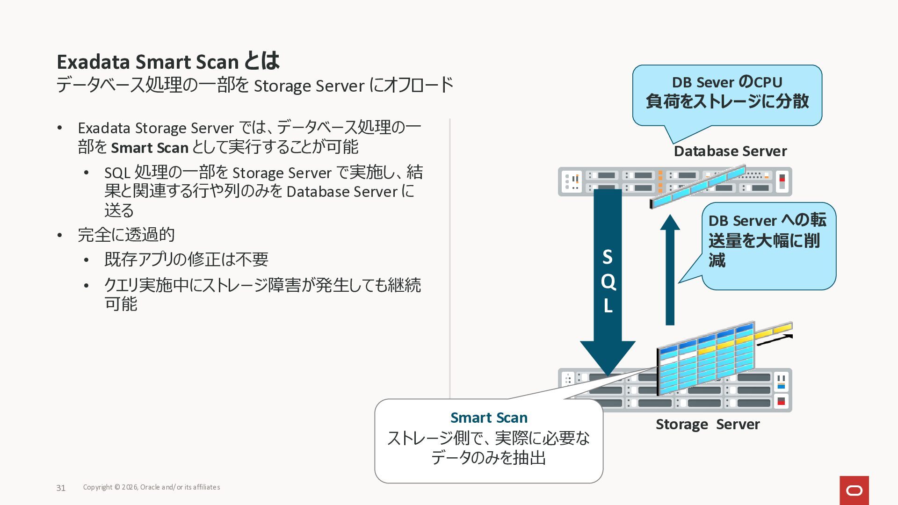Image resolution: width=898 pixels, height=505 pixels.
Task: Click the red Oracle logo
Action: tap(854, 490)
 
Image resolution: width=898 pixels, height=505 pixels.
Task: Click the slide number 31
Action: tap(61, 488)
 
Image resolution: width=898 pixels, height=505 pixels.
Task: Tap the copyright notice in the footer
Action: tap(152, 487)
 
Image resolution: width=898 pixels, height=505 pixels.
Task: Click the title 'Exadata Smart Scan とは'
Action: tap(168, 62)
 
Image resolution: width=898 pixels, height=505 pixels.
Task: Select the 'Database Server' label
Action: tap(730, 151)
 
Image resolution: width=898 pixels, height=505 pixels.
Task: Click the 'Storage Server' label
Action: tap(707, 424)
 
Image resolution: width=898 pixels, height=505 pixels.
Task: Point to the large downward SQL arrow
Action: tap(608, 281)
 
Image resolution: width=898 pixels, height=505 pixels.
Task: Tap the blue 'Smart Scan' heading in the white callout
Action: tap(489, 417)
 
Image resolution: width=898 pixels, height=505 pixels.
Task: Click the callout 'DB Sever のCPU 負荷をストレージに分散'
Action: tap(727, 93)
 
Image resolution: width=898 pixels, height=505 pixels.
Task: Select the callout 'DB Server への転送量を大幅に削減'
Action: tap(768, 241)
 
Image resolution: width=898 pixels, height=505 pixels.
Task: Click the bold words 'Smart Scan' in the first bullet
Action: tap(150, 148)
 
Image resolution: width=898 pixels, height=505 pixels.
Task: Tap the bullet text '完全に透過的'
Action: tap(126, 235)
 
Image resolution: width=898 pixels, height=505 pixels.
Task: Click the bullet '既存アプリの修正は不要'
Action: tap(186, 259)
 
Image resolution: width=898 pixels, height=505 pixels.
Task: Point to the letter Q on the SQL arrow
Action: tap(608, 281)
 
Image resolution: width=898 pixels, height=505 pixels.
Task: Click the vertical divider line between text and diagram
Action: tap(450, 257)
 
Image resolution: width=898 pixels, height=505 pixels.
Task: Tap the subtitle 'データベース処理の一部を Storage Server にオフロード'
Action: tap(255, 86)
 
